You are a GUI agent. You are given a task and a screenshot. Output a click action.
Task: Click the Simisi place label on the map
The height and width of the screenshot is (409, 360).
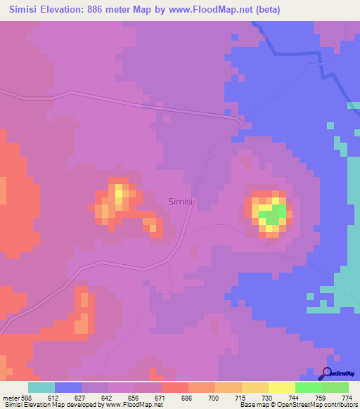[181, 201]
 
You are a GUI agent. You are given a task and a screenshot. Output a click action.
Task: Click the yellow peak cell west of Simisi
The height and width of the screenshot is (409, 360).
[120, 192]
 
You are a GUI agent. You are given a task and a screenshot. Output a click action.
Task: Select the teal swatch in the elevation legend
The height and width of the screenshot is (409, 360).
[41, 387]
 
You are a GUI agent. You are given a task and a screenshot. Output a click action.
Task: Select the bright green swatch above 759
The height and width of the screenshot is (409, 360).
[308, 387]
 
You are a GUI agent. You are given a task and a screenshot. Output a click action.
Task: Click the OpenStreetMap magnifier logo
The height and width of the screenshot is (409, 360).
[328, 373]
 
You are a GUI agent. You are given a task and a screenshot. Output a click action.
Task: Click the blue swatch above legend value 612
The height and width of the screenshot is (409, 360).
[68, 387]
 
